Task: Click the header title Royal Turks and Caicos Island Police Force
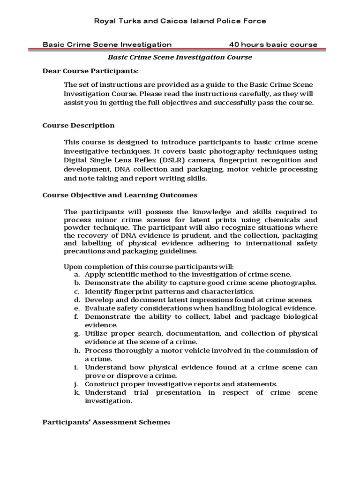(180, 21)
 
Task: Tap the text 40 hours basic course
(273, 45)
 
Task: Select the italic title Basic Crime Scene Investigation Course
(180, 57)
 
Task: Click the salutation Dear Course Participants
(90, 71)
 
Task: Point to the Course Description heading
(78, 126)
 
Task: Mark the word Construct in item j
(101, 384)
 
